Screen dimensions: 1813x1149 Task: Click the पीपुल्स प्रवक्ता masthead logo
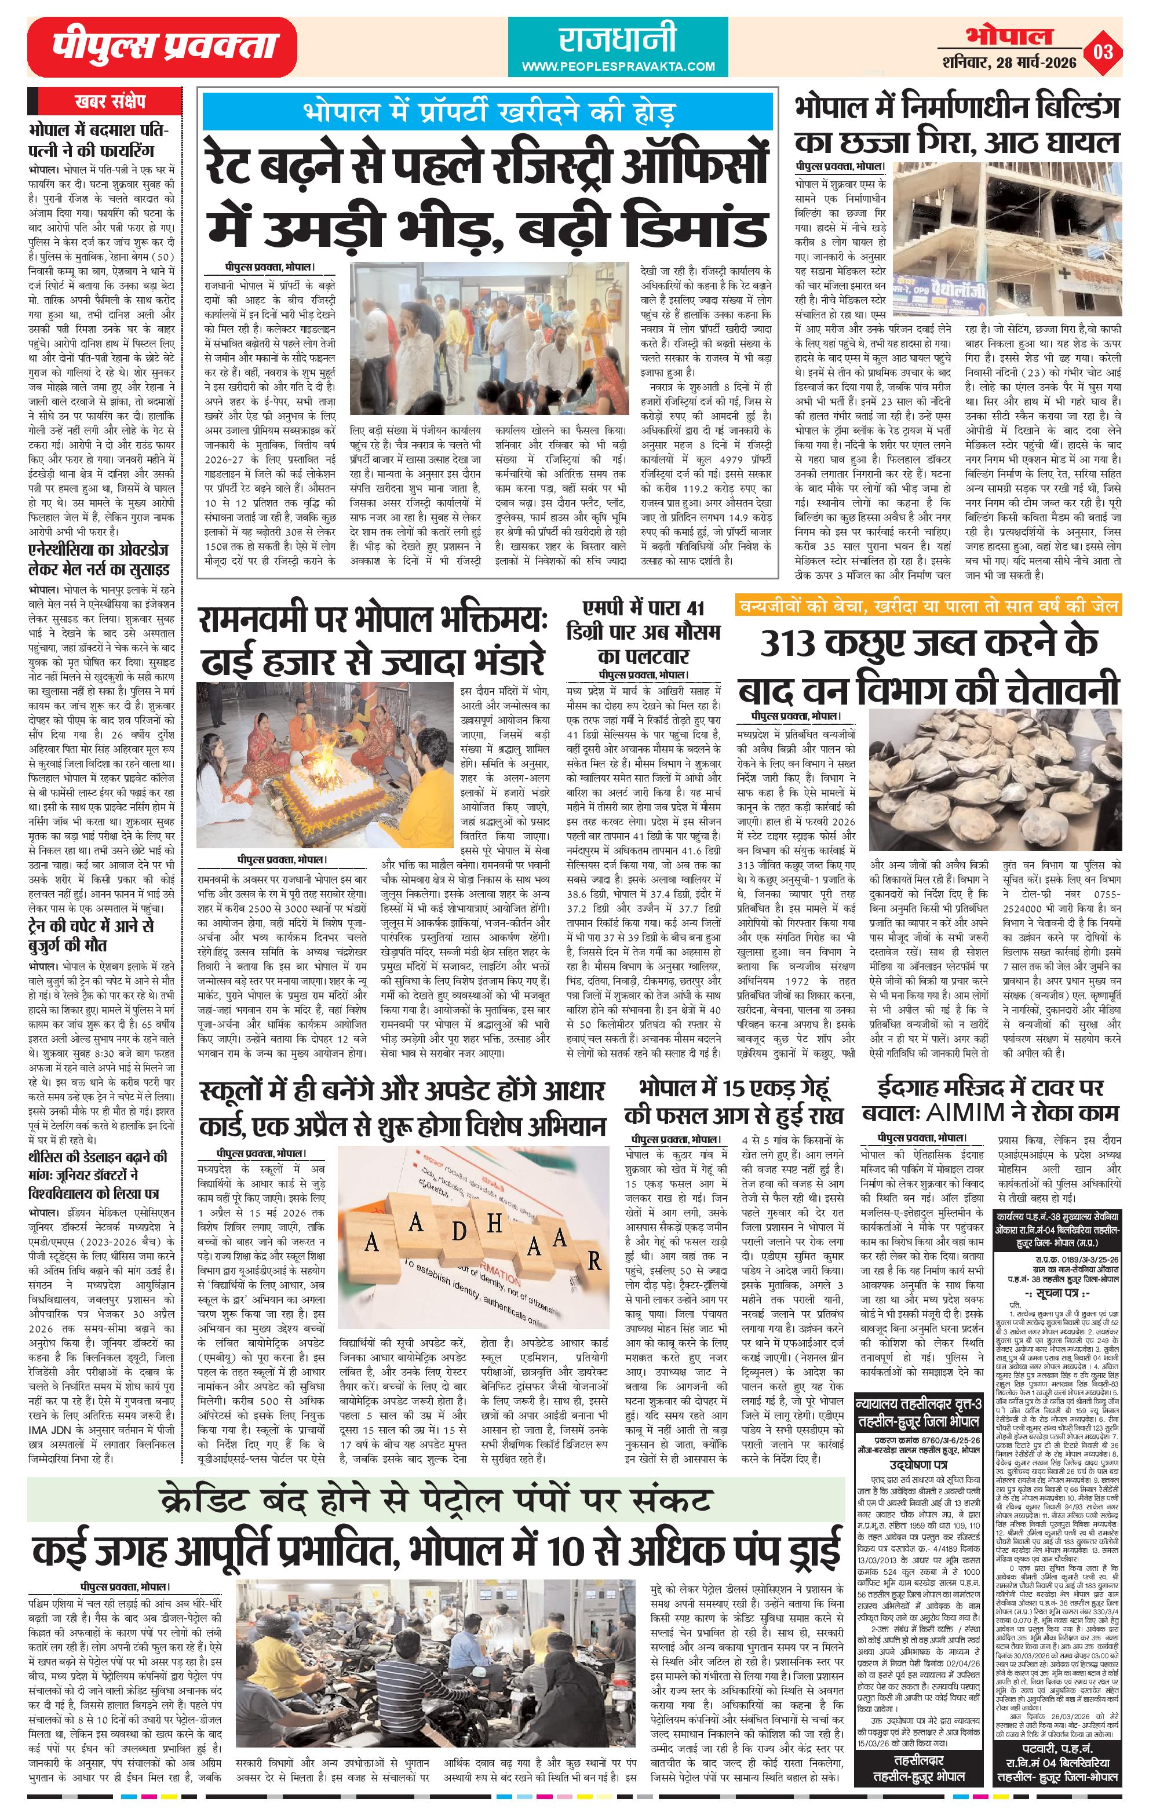(162, 48)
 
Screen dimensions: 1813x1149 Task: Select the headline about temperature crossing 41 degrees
(643, 631)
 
